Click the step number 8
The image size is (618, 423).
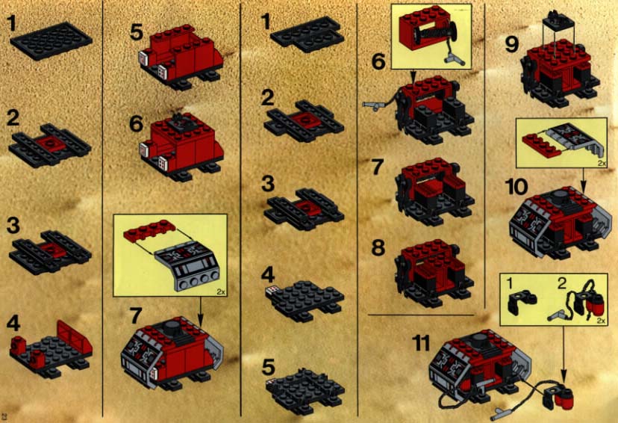378,248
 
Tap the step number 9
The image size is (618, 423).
511,44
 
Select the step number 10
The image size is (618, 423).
516,186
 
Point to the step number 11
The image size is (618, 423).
421,343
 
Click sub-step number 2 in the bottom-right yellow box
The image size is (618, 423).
562,283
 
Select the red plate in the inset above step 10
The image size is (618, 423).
540,145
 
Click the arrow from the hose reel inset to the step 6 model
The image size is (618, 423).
413,76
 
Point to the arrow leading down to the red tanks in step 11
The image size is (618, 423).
564,353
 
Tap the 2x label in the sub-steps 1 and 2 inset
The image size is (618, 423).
601,321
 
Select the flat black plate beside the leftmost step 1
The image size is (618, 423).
51,40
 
